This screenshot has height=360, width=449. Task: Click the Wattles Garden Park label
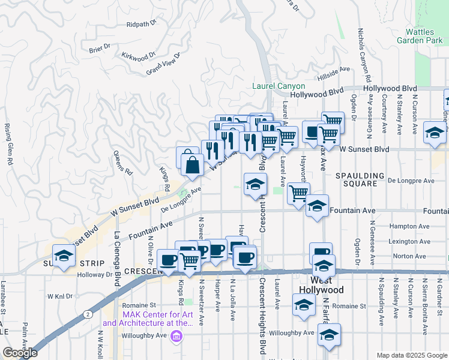tap(419, 35)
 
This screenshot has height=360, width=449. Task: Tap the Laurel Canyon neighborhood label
tap(279, 86)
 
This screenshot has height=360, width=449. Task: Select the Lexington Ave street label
tap(411, 241)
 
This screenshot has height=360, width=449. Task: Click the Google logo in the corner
tap(20, 353)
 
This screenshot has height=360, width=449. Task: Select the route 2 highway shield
tap(88, 313)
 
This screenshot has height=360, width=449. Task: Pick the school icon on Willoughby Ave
tap(329, 336)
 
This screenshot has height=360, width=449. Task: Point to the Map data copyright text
tap(411, 355)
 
